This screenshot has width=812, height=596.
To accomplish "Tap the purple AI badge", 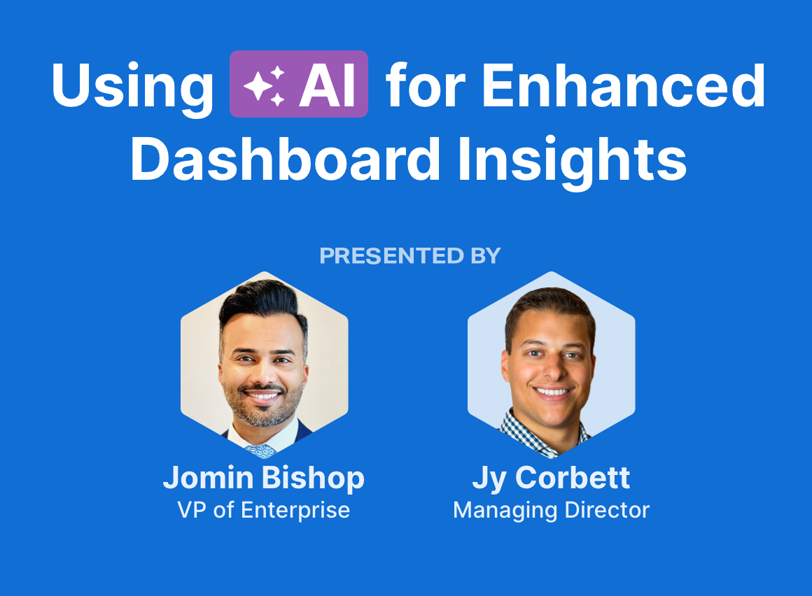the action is [x=299, y=84].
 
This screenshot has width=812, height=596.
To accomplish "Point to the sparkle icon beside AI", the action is [x=264, y=85].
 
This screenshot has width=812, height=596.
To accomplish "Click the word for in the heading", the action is [x=426, y=85].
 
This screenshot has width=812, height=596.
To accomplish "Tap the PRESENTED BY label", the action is [x=410, y=255].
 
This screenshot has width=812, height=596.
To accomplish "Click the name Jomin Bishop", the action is [x=264, y=478].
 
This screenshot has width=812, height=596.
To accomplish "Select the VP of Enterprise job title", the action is [x=264, y=510].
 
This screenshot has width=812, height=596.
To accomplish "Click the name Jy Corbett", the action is [x=551, y=478].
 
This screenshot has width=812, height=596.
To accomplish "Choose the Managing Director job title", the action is [x=551, y=511].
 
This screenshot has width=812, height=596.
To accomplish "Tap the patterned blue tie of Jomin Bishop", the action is [x=260, y=451].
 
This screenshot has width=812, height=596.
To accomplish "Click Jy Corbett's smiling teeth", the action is [x=552, y=392].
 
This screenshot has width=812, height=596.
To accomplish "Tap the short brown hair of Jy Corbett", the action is [x=550, y=308].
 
